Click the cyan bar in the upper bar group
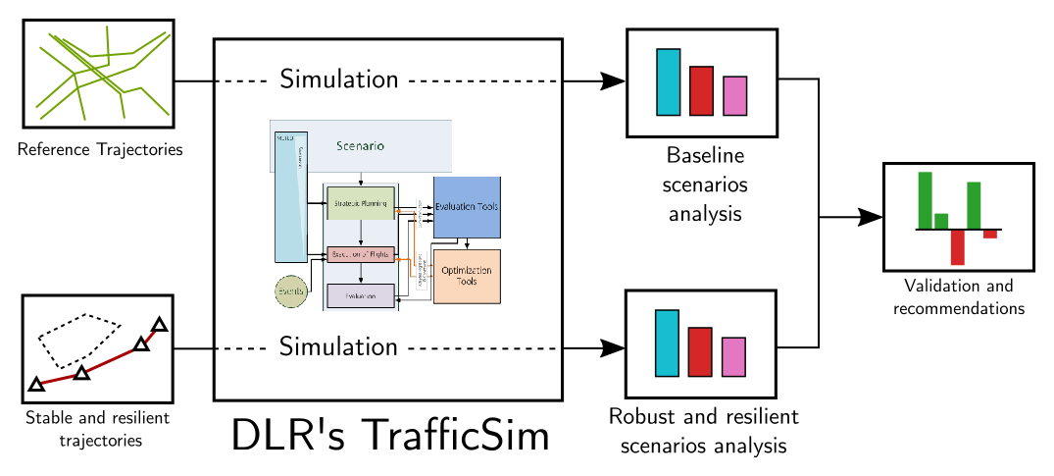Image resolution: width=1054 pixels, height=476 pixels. pyautogui.click(x=668, y=82)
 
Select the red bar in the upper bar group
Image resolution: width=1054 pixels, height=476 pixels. pyautogui.click(x=701, y=91)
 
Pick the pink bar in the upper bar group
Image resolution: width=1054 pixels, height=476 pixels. pyautogui.click(x=734, y=96)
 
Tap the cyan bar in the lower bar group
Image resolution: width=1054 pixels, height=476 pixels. pyautogui.click(x=667, y=344)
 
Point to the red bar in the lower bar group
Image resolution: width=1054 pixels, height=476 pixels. pyautogui.click(x=699, y=352)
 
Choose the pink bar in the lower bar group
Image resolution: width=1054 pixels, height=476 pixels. pyautogui.click(x=733, y=357)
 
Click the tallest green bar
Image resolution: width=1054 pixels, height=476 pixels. pyautogui.click(x=925, y=200)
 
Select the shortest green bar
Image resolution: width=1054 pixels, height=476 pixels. pyautogui.click(x=941, y=221)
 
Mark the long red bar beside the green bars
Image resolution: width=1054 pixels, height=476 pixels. pyautogui.click(x=957, y=247)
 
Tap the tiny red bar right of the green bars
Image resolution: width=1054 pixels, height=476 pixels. pyautogui.click(x=989, y=235)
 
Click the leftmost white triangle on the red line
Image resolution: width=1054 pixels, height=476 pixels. pyautogui.click(x=36, y=385)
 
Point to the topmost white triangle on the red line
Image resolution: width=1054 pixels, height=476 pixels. pyautogui.click(x=159, y=325)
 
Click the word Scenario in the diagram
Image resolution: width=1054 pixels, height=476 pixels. pyautogui.click(x=360, y=146)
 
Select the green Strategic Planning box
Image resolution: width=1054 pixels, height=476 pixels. pyautogui.click(x=361, y=203)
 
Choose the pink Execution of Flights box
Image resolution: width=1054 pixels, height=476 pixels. pyautogui.click(x=361, y=255)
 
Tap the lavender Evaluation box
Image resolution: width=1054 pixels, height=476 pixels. pyautogui.click(x=361, y=295)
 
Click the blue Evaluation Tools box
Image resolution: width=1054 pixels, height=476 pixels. pyautogui.click(x=467, y=207)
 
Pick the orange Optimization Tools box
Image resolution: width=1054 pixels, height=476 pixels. pyautogui.click(x=467, y=276)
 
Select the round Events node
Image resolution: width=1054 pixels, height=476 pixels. pyautogui.click(x=290, y=292)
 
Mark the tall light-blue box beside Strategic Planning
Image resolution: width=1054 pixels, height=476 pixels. pyautogui.click(x=291, y=196)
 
